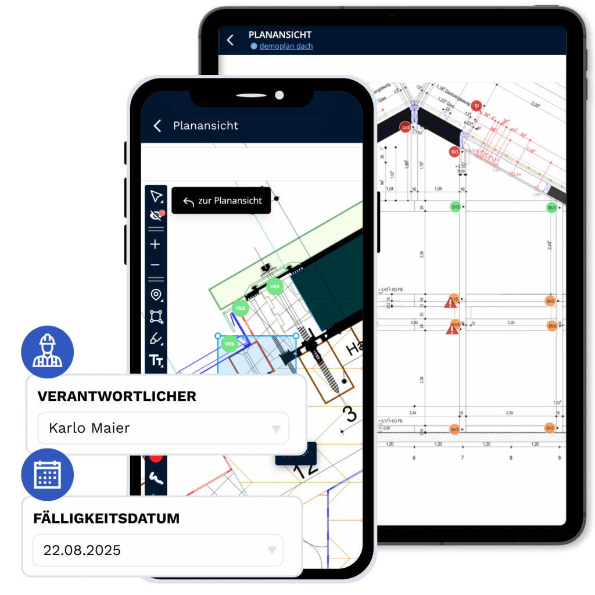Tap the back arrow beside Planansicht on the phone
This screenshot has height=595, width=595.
[157, 126]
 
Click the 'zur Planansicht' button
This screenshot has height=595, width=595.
[221, 201]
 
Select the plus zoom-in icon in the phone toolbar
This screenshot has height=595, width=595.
[155, 245]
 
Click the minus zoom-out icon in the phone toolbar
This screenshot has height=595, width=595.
[155, 265]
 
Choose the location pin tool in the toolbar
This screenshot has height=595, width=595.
[155, 295]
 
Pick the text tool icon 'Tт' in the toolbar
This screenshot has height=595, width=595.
[156, 361]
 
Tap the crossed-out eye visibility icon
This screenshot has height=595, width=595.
[155, 216]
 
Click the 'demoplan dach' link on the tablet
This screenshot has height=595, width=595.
[286, 46]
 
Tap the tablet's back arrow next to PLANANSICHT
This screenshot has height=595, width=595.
[230, 40]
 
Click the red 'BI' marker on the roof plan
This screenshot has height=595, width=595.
[476, 106]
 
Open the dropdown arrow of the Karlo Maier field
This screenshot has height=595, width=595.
[277, 429]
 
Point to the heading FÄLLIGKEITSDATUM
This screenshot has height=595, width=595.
[106, 518]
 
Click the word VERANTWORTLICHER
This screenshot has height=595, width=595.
[117, 396]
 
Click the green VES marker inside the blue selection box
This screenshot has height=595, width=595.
[230, 344]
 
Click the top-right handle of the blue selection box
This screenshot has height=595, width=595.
[296, 336]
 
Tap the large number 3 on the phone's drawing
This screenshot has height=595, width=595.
[350, 414]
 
